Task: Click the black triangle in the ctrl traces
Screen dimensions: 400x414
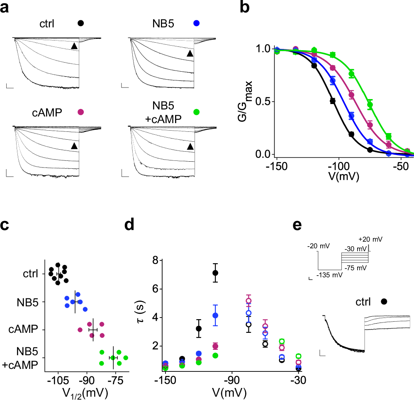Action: click(x=74, y=46)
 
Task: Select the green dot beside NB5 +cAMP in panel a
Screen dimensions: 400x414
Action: click(x=196, y=112)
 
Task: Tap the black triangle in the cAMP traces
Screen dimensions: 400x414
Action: click(x=74, y=146)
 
